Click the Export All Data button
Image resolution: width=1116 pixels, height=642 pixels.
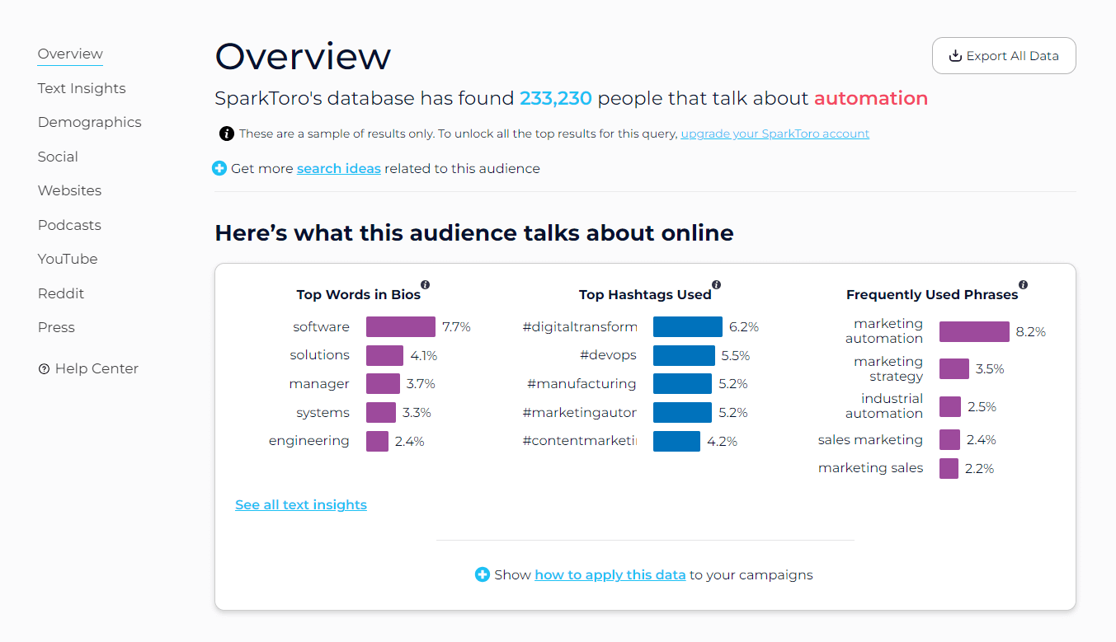pyautogui.click(x=1004, y=56)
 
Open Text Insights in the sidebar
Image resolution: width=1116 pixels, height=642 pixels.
pyautogui.click(x=82, y=88)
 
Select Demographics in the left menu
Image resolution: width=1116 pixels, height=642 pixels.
pyautogui.click(x=89, y=122)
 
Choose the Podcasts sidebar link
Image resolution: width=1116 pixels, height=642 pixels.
pyautogui.click(x=69, y=225)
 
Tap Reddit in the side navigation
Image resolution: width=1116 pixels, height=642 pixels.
pyautogui.click(x=61, y=293)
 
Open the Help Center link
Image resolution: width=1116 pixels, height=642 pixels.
pyautogui.click(x=96, y=368)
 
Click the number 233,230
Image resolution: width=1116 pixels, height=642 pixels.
pyautogui.click(x=555, y=99)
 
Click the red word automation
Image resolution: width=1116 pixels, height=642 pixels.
pyautogui.click(x=870, y=99)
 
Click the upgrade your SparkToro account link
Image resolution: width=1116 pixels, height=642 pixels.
pyautogui.click(x=775, y=134)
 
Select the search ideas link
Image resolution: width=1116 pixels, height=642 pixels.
pyautogui.click(x=338, y=168)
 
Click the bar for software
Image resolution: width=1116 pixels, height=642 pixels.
pyautogui.click(x=400, y=327)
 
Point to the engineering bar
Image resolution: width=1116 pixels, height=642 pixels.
pyautogui.click(x=377, y=441)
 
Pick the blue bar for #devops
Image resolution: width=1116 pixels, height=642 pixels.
pyautogui.click(x=683, y=355)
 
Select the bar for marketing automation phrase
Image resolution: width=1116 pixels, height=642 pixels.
pyautogui.click(x=973, y=332)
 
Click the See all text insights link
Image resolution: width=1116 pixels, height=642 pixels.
pyautogui.click(x=300, y=504)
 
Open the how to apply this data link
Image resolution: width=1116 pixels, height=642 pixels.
pyautogui.click(x=610, y=574)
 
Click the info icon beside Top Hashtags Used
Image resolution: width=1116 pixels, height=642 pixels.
pyautogui.click(x=716, y=284)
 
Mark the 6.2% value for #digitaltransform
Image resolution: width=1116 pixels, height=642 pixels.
pyautogui.click(x=743, y=327)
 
